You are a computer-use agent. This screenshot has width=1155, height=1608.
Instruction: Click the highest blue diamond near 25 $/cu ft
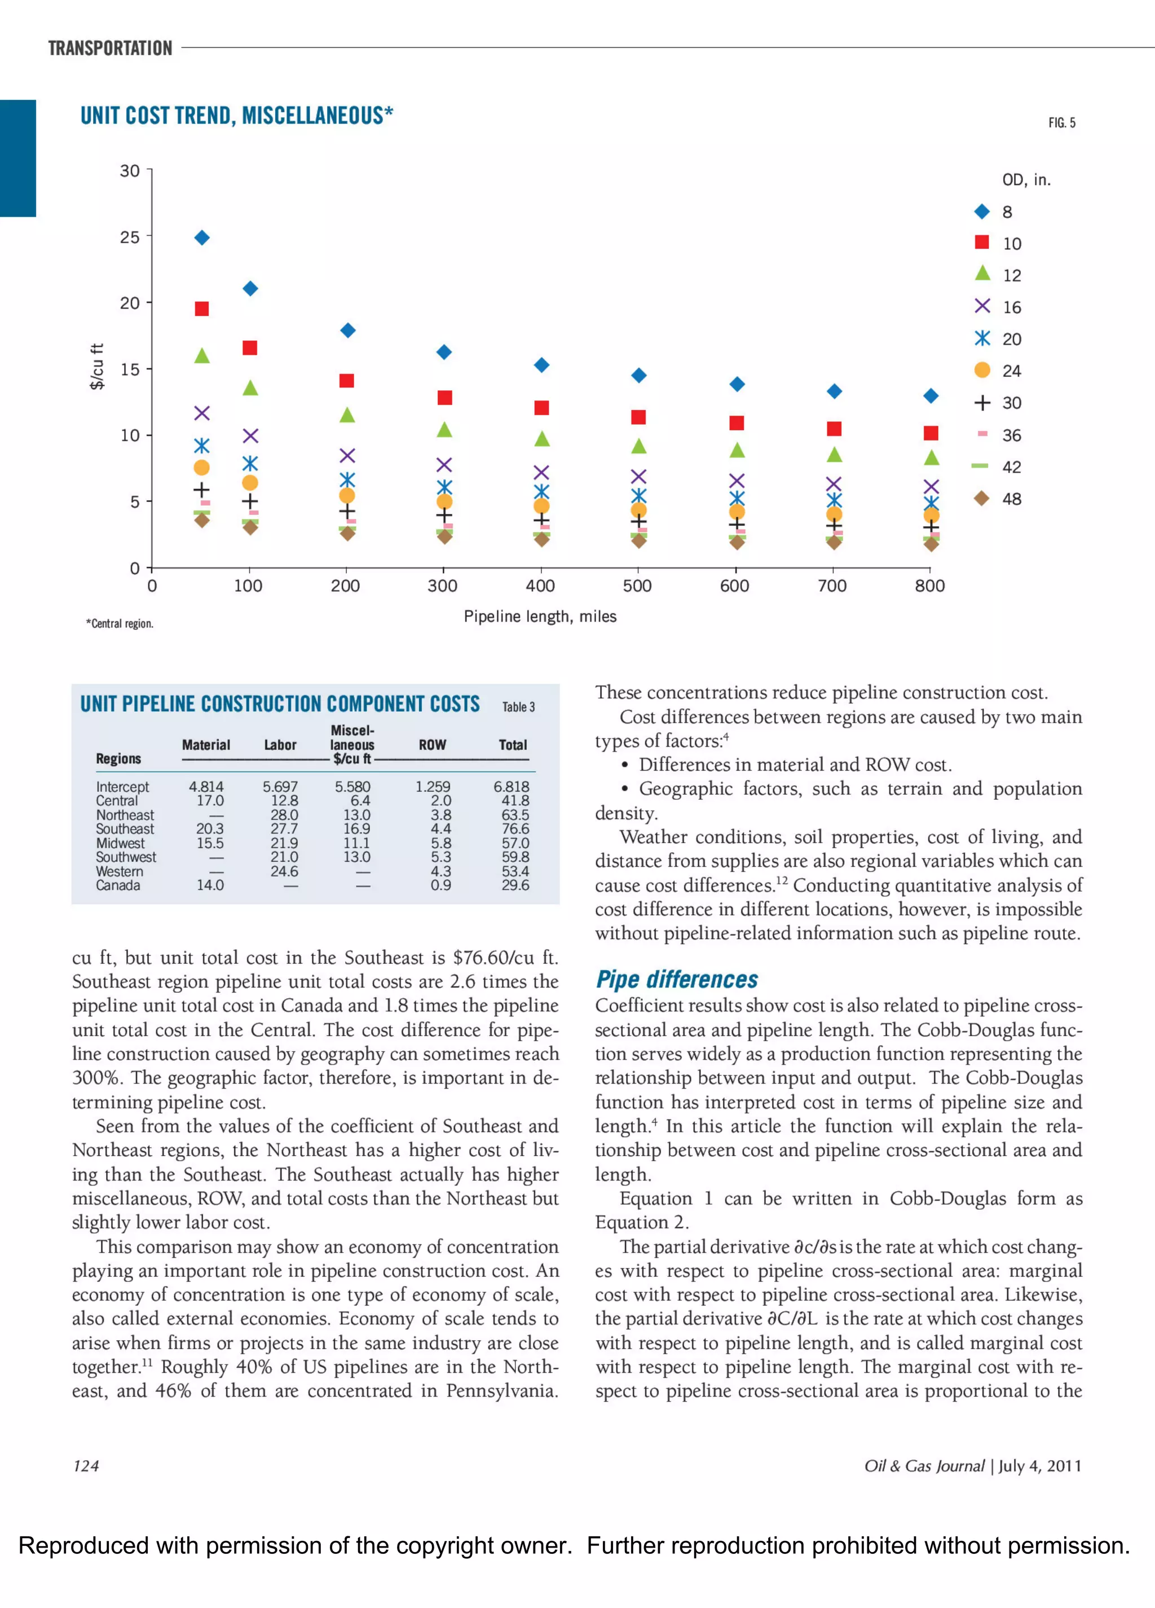[202, 237]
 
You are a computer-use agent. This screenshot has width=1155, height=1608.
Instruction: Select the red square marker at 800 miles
[931, 433]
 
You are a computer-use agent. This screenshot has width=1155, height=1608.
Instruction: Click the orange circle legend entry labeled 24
[998, 371]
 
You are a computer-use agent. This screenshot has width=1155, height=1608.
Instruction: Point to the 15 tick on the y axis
[130, 369]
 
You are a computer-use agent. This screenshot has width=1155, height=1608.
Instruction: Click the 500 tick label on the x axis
[637, 585]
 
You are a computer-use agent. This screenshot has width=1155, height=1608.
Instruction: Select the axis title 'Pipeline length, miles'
[540, 616]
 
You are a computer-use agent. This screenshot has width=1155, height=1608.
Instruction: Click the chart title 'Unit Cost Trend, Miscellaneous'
[236, 116]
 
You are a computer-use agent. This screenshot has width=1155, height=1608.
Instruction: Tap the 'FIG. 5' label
[1061, 122]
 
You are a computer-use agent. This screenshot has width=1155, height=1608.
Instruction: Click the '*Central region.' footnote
[120, 624]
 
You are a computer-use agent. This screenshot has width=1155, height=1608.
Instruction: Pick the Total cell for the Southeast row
[515, 829]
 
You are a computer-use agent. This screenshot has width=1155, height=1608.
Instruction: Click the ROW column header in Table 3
[432, 744]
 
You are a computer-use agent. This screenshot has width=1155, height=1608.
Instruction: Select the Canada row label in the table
[118, 885]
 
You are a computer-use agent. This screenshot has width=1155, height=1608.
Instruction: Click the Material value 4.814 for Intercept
[206, 786]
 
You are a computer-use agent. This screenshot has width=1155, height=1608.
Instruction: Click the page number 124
[86, 1465]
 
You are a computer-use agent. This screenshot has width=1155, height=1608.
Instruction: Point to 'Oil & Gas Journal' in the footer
[924, 1465]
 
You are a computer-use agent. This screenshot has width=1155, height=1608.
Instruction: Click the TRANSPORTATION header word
[110, 48]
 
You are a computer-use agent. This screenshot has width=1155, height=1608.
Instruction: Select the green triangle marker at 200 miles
[347, 415]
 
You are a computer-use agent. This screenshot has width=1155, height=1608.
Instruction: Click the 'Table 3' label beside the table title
[518, 707]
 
